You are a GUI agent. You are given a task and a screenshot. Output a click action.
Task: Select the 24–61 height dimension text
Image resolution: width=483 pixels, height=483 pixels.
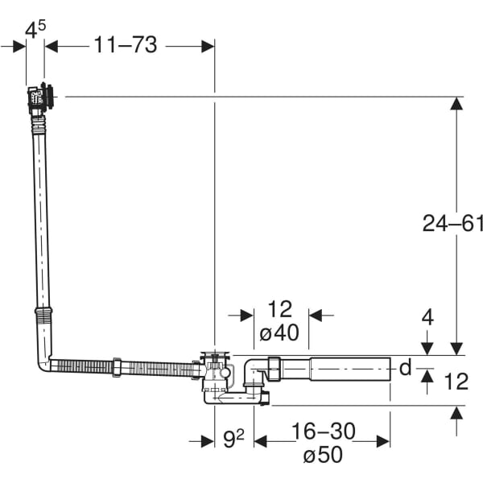click(452, 223)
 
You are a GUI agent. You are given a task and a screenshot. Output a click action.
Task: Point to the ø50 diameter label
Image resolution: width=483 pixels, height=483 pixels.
click(323, 455)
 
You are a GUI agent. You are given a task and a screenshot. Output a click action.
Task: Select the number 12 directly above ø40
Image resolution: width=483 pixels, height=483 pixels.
click(279, 309)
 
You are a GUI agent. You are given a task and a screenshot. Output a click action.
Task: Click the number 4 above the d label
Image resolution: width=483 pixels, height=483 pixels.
click(427, 317)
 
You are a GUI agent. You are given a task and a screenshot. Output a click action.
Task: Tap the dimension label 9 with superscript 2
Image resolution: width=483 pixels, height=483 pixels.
click(233, 440)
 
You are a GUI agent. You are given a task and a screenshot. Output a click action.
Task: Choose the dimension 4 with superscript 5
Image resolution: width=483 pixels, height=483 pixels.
click(35, 31)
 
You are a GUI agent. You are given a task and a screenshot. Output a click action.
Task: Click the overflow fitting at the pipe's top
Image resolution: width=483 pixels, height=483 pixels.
click(41, 98)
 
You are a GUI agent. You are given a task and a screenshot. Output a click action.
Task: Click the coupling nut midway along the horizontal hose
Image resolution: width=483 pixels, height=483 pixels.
click(118, 367)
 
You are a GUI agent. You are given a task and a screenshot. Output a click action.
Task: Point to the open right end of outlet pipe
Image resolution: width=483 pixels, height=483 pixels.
click(388, 369)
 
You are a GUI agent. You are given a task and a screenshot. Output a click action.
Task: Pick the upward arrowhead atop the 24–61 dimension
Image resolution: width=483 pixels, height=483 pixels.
click(456, 103)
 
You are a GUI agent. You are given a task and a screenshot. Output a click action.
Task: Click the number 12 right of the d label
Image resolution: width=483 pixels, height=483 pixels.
click(456, 381)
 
